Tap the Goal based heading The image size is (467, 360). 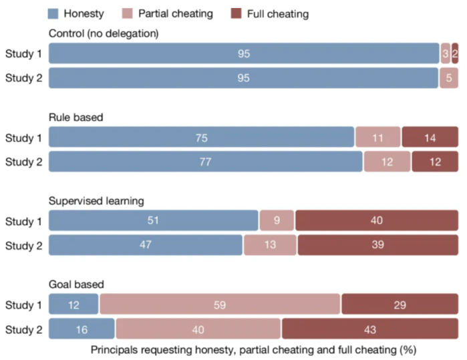coord(75,283)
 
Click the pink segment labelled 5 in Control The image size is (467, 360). coord(448,77)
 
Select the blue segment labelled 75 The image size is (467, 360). coord(201,138)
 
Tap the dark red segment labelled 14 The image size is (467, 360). coord(430,138)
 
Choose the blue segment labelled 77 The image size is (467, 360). coord(205,162)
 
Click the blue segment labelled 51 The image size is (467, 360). coord(153,220)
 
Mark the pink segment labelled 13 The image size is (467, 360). coord(270,244)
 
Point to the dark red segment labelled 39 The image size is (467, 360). coord(377,244)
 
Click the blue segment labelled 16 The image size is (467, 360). coord(82,328)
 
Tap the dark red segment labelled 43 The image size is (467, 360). coord(369,328)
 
